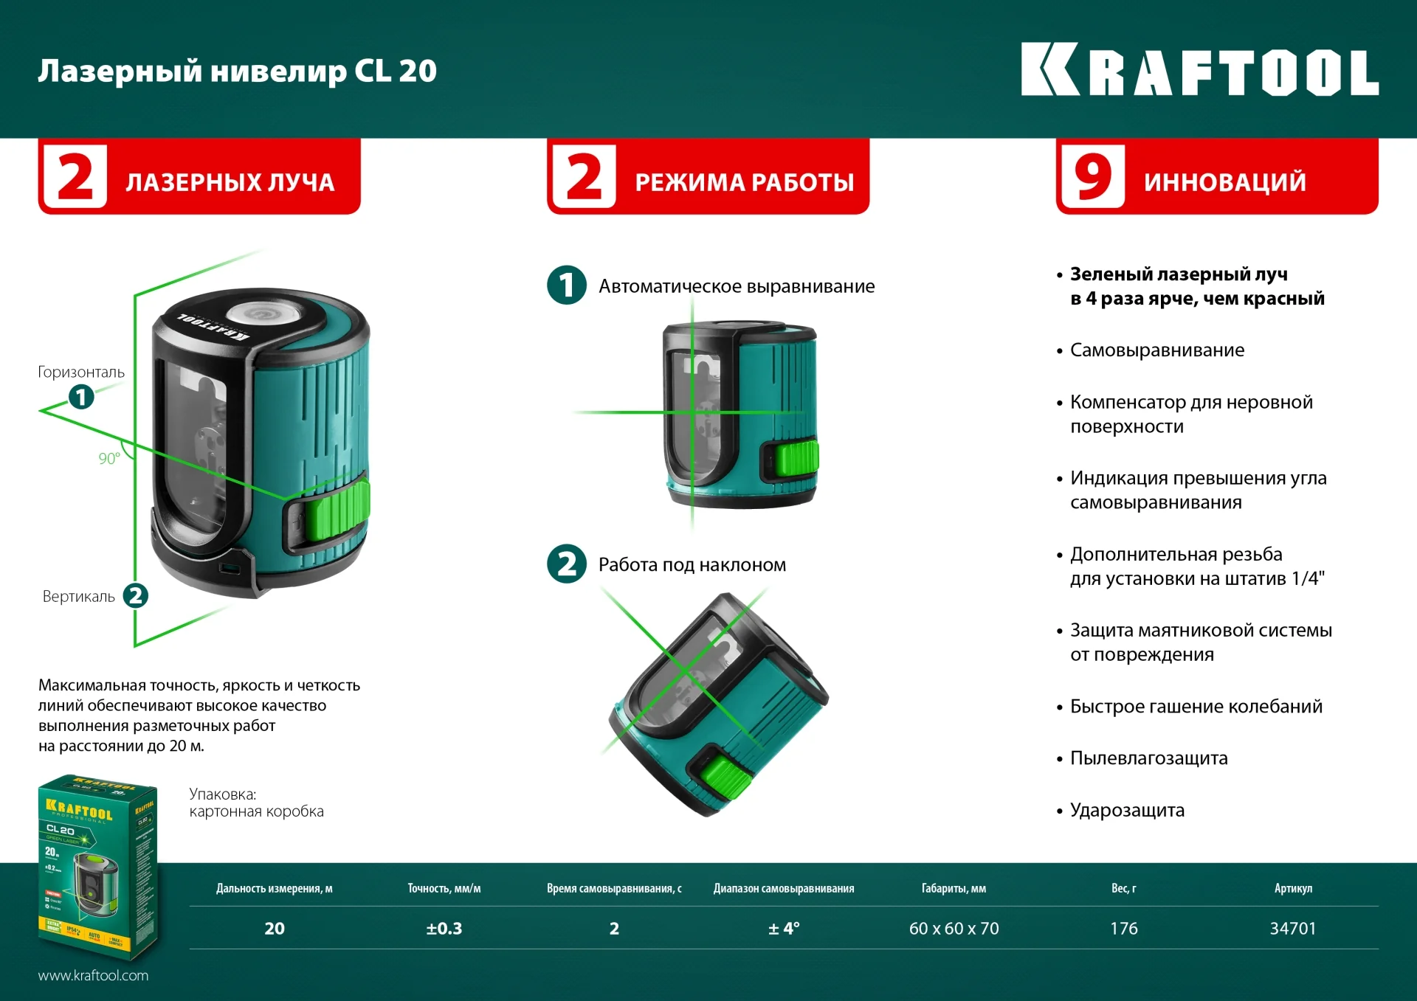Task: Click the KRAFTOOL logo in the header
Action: [1199, 71]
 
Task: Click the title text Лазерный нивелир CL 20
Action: [237, 72]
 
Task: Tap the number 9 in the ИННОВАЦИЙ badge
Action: [1093, 178]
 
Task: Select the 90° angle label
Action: [109, 459]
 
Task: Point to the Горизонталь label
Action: [81, 372]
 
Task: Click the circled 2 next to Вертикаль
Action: [135, 596]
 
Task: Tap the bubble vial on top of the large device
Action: [260, 314]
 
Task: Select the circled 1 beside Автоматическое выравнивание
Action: [566, 285]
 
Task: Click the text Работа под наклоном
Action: [692, 565]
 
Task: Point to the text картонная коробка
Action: [256, 811]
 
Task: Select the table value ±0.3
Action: [444, 929]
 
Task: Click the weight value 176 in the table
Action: [1123, 929]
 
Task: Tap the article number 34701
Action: [1292, 929]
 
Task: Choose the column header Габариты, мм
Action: [954, 889]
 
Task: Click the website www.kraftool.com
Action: [93, 975]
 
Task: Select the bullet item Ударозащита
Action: [1126, 810]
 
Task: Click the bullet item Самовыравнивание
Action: [1156, 350]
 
